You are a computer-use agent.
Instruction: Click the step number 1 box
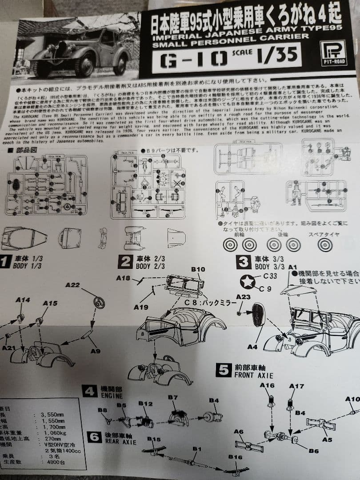click(5, 262)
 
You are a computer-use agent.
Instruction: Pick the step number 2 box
click(125, 262)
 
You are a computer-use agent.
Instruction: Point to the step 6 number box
click(94, 437)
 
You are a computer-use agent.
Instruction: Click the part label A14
click(23, 300)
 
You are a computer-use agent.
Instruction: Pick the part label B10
click(198, 269)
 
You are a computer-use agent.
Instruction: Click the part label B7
click(173, 397)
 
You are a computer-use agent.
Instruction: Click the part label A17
click(296, 386)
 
